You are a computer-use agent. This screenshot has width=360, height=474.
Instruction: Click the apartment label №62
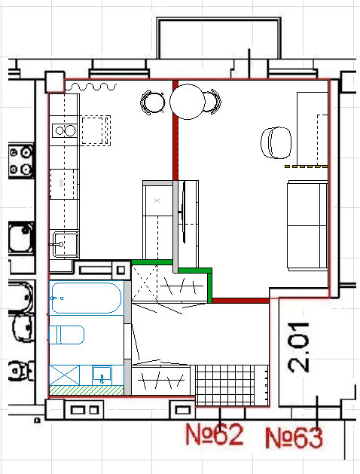[214, 434]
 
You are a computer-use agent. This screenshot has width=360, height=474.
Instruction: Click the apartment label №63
[294, 437]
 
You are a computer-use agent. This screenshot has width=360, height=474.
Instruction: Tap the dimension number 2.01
[298, 347]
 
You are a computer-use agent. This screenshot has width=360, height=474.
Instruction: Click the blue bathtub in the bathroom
[87, 298]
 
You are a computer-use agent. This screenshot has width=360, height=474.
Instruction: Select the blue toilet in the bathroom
[66, 335]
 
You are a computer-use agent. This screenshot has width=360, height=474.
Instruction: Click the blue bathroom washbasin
[102, 375]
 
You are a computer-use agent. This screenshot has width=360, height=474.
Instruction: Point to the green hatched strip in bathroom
[87, 390]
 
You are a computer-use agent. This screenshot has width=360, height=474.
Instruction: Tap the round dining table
[188, 102]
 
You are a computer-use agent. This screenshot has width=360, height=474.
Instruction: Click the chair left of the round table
[153, 102]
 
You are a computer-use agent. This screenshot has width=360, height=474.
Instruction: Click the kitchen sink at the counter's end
[66, 245]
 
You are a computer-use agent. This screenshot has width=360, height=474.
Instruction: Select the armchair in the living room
[276, 142]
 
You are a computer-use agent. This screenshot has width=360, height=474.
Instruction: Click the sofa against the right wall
[307, 225]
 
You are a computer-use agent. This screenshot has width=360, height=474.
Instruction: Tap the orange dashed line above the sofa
[307, 167]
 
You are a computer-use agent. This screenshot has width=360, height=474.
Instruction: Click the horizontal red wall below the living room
[240, 301]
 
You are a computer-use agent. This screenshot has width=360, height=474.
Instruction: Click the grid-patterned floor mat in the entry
[225, 385]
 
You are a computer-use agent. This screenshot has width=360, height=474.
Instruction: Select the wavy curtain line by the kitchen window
[91, 87]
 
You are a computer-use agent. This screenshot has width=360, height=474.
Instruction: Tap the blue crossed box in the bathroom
[64, 375]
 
